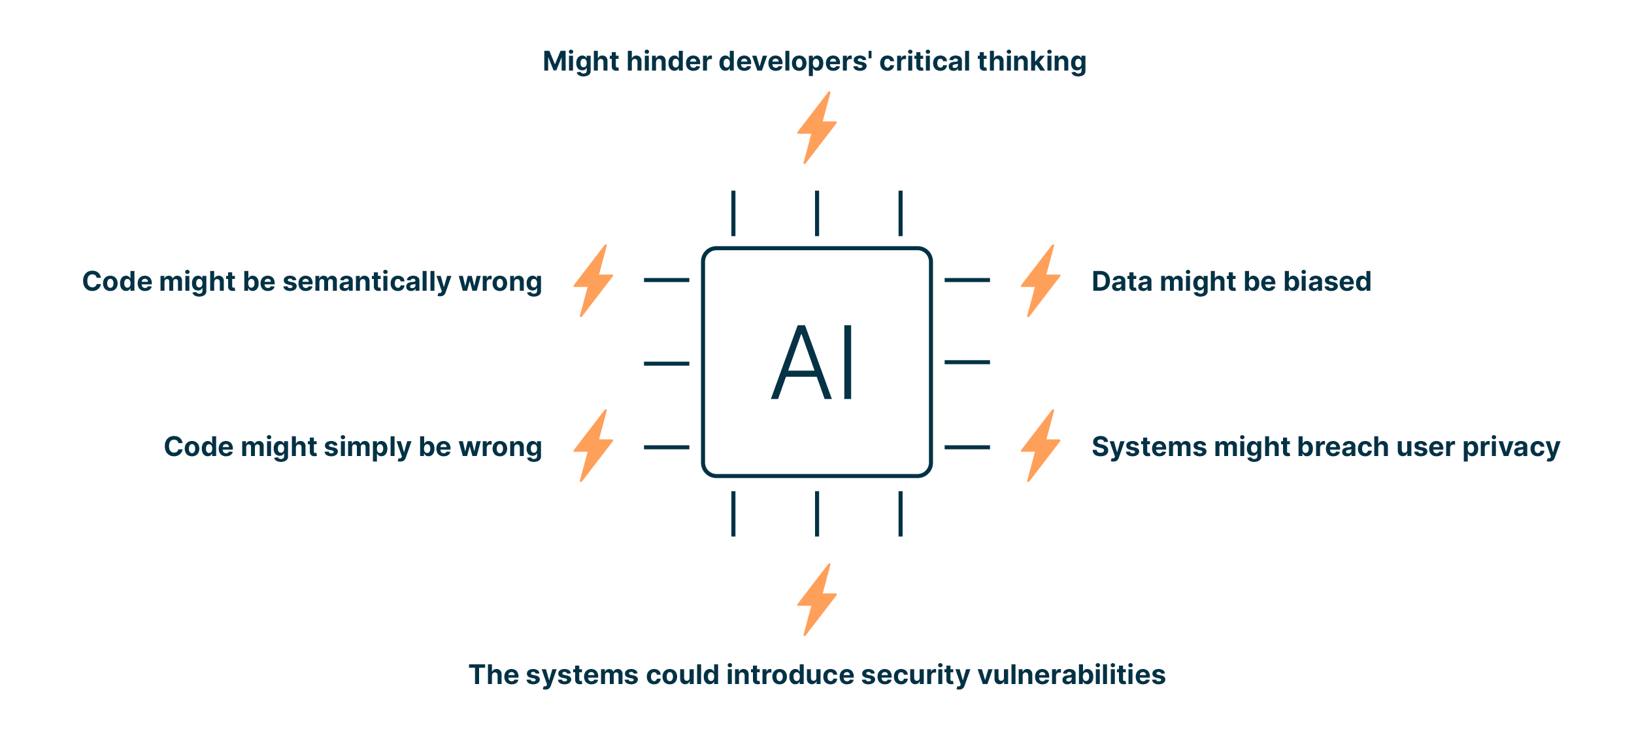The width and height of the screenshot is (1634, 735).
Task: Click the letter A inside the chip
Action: pos(801,363)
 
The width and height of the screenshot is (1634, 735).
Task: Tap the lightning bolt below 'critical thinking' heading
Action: pos(816,127)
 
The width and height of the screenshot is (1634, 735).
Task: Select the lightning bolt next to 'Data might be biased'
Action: pos(1040,281)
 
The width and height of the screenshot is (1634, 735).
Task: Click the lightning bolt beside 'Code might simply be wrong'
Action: pos(593,446)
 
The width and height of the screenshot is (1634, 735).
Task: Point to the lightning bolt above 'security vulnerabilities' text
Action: pos(816,600)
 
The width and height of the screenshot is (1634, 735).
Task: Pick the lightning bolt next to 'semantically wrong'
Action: pos(593,281)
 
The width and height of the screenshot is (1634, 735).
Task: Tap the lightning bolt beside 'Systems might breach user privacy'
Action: pos(1040,446)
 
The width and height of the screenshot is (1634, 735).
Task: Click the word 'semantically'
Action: pos(367,282)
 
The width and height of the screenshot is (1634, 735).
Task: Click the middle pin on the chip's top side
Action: pos(816,213)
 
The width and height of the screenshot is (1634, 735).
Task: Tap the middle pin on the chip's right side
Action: pos(967,362)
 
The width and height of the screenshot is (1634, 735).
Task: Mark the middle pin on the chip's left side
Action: pos(666,363)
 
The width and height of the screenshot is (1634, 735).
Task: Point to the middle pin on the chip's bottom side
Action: pos(816,514)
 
